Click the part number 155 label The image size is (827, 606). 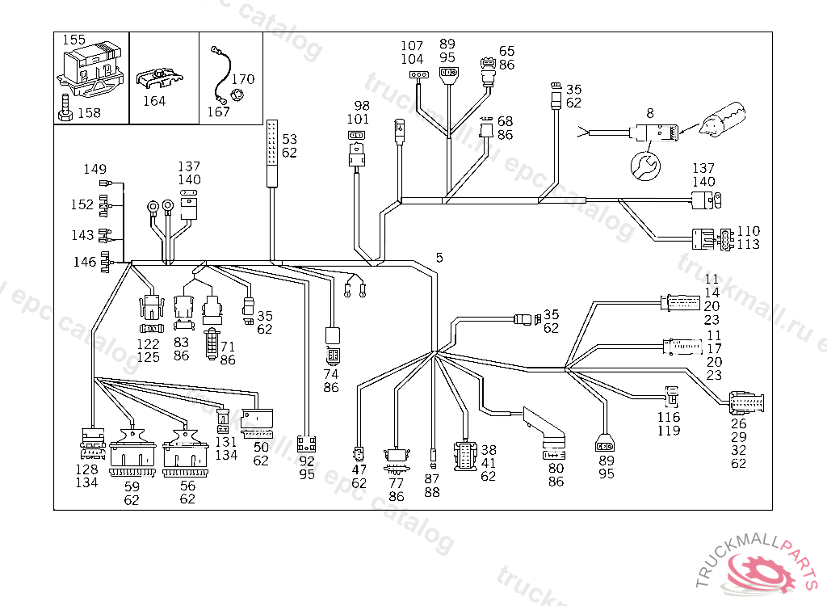(x=74, y=39)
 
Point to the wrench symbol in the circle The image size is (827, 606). (x=644, y=166)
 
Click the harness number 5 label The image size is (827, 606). (x=439, y=258)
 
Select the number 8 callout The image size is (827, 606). (x=649, y=113)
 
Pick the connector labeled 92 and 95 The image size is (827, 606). (x=306, y=444)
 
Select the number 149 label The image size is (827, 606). (x=95, y=169)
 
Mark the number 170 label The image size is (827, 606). (x=243, y=79)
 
